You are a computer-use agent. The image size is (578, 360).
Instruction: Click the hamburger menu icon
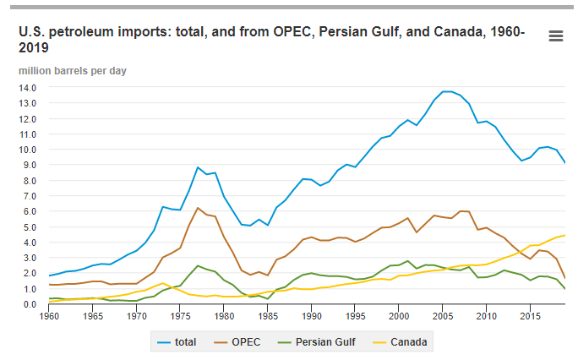555,35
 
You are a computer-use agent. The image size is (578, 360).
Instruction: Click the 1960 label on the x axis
49,316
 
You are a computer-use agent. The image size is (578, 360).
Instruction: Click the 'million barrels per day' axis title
74,70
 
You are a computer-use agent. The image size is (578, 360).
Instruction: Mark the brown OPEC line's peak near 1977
198,208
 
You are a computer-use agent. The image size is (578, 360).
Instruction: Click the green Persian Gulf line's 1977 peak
198,265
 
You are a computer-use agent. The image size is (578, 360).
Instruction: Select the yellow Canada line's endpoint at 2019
564,235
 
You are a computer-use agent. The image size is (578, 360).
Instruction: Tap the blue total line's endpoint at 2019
564,163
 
